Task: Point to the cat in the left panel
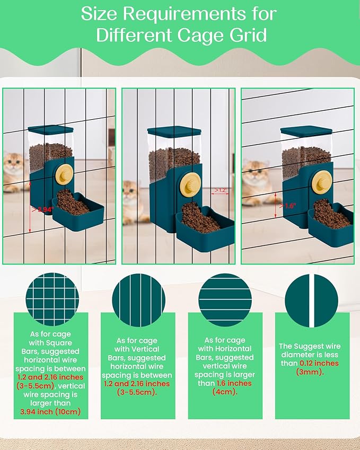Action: click(14, 172)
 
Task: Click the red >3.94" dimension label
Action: click(42, 209)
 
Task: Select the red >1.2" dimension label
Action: click(220, 190)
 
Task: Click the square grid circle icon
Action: click(52, 299)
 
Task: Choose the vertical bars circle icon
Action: click(139, 301)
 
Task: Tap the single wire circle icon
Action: click(311, 301)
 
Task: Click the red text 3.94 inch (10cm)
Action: click(50, 412)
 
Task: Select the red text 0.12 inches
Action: click(319, 363)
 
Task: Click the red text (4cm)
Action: click(225, 392)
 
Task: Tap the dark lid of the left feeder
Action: click(50, 129)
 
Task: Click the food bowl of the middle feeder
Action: click(205, 227)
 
